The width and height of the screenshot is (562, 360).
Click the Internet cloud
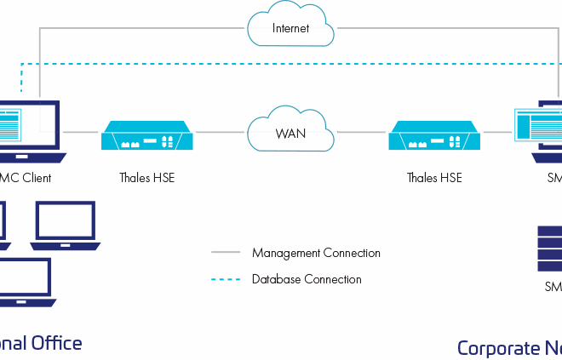pos(290,27)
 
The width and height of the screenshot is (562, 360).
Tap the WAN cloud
pos(290,133)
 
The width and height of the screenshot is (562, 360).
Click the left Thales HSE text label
pos(146,178)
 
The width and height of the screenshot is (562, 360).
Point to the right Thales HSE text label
pos(434,178)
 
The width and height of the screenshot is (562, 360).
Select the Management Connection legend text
pos(316,253)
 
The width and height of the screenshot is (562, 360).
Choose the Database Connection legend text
pos(306,279)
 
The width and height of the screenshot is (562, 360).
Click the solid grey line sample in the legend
pos(227,253)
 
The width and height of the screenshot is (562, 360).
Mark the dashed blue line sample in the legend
pos(227,279)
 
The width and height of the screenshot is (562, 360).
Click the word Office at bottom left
pos(56,343)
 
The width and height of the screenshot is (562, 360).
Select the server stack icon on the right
pos(549,248)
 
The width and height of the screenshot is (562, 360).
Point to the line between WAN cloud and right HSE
pos(361,133)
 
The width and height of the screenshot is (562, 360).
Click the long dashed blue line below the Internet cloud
pos(290,64)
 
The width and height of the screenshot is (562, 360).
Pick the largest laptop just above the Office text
pos(24,283)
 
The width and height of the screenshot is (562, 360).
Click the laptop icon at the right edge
pos(543,132)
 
